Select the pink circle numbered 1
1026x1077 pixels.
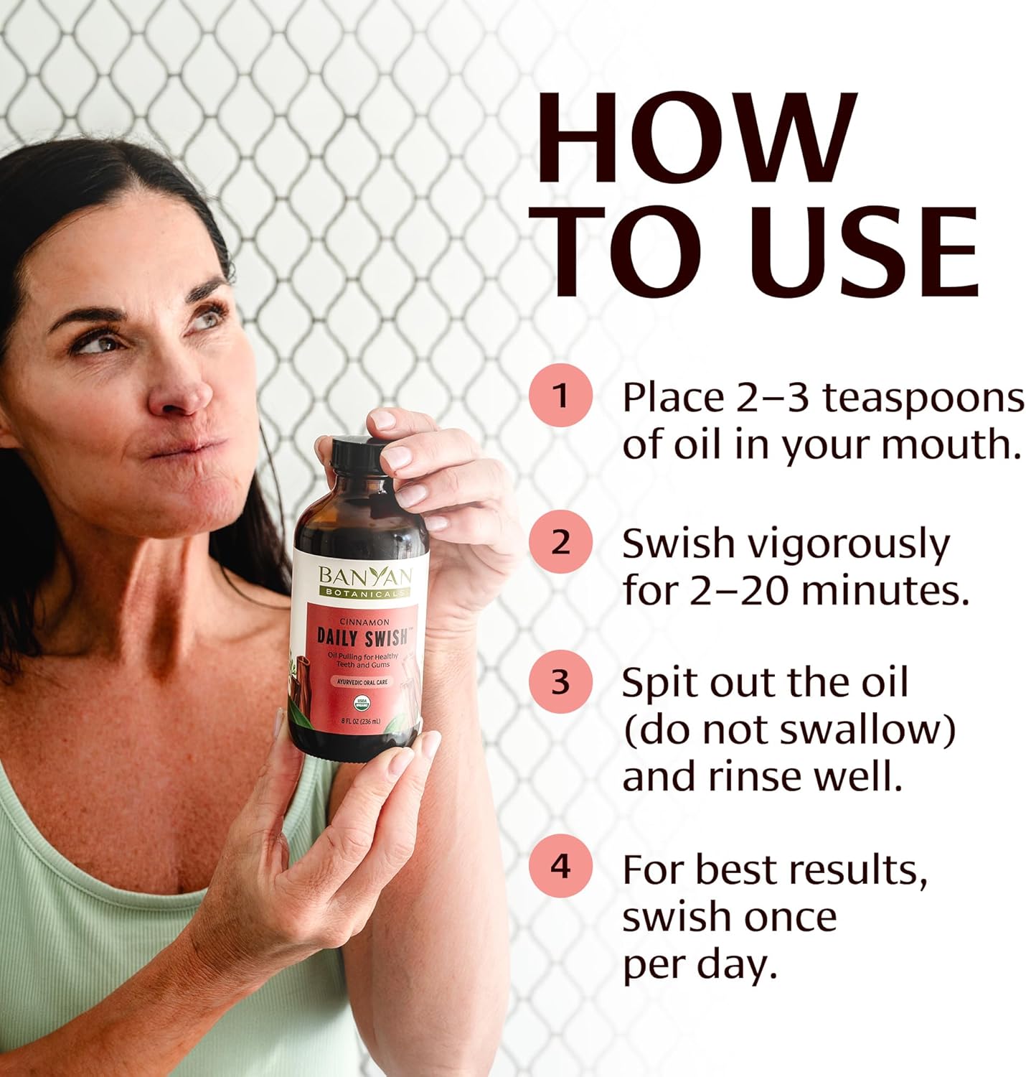(560, 396)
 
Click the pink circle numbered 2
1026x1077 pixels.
(560, 542)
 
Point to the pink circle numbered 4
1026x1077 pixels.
(560, 867)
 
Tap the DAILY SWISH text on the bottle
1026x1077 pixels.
(362, 636)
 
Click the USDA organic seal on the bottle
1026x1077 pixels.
(362, 701)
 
